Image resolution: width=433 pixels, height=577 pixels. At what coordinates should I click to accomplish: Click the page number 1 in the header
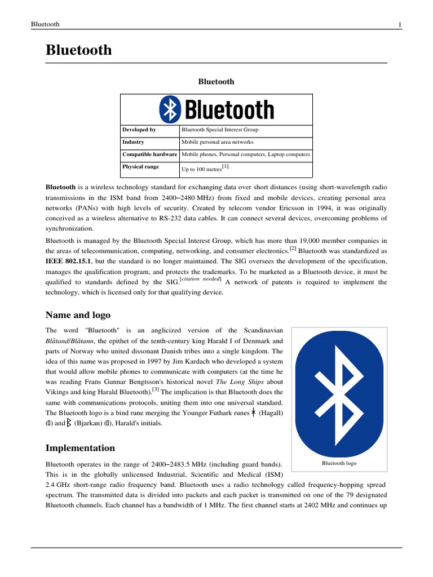[399, 24]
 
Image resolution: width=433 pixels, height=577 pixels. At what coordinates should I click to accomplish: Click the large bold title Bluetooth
[78, 50]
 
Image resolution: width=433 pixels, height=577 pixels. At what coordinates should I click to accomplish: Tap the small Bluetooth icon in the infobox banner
[169, 109]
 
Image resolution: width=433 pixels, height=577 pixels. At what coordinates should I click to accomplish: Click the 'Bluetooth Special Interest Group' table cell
[220, 130]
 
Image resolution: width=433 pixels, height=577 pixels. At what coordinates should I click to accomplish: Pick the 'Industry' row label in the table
[133, 142]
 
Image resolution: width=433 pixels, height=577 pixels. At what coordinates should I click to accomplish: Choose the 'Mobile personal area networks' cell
[218, 142]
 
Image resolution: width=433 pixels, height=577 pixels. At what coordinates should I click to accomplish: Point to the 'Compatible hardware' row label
[150, 154]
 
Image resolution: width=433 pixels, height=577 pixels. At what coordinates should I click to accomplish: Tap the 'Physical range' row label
[141, 167]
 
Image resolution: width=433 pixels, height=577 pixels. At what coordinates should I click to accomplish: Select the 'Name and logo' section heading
[78, 315]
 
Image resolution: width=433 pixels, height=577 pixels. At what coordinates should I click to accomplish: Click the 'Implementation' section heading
[80, 448]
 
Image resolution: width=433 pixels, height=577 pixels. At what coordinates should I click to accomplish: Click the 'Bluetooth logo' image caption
[339, 463]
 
